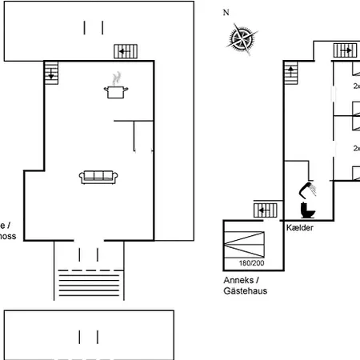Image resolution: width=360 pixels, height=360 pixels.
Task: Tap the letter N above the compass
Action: click(x=226, y=13)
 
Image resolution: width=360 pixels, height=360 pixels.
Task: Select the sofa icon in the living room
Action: click(x=99, y=177)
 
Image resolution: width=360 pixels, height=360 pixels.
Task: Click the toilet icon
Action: click(x=306, y=210)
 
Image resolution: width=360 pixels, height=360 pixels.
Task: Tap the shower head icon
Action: click(x=308, y=190)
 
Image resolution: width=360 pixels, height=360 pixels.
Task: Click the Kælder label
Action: click(x=299, y=229)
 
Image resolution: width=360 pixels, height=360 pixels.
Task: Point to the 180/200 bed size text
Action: click(x=250, y=262)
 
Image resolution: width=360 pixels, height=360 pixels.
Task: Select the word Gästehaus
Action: click(x=246, y=291)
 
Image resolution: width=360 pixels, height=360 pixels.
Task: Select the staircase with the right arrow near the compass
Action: click(x=346, y=50)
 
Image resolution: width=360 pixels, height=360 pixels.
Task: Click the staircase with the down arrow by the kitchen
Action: click(x=52, y=73)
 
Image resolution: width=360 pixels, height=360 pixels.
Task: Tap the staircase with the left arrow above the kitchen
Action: click(x=126, y=50)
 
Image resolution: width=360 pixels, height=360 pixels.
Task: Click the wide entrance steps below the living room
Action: click(x=89, y=282)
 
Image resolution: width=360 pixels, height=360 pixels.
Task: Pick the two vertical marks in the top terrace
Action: click(x=93, y=27)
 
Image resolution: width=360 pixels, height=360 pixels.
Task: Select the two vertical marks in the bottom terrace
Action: click(x=88, y=335)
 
